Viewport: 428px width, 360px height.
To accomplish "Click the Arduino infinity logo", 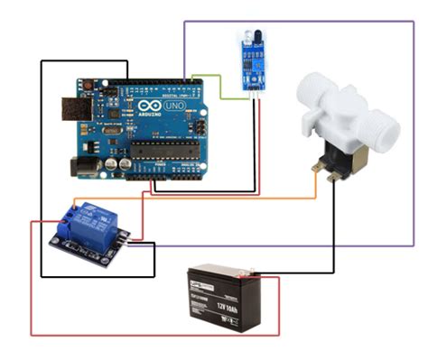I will click(x=144, y=107).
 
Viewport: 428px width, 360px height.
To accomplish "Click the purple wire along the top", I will click(x=298, y=21).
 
